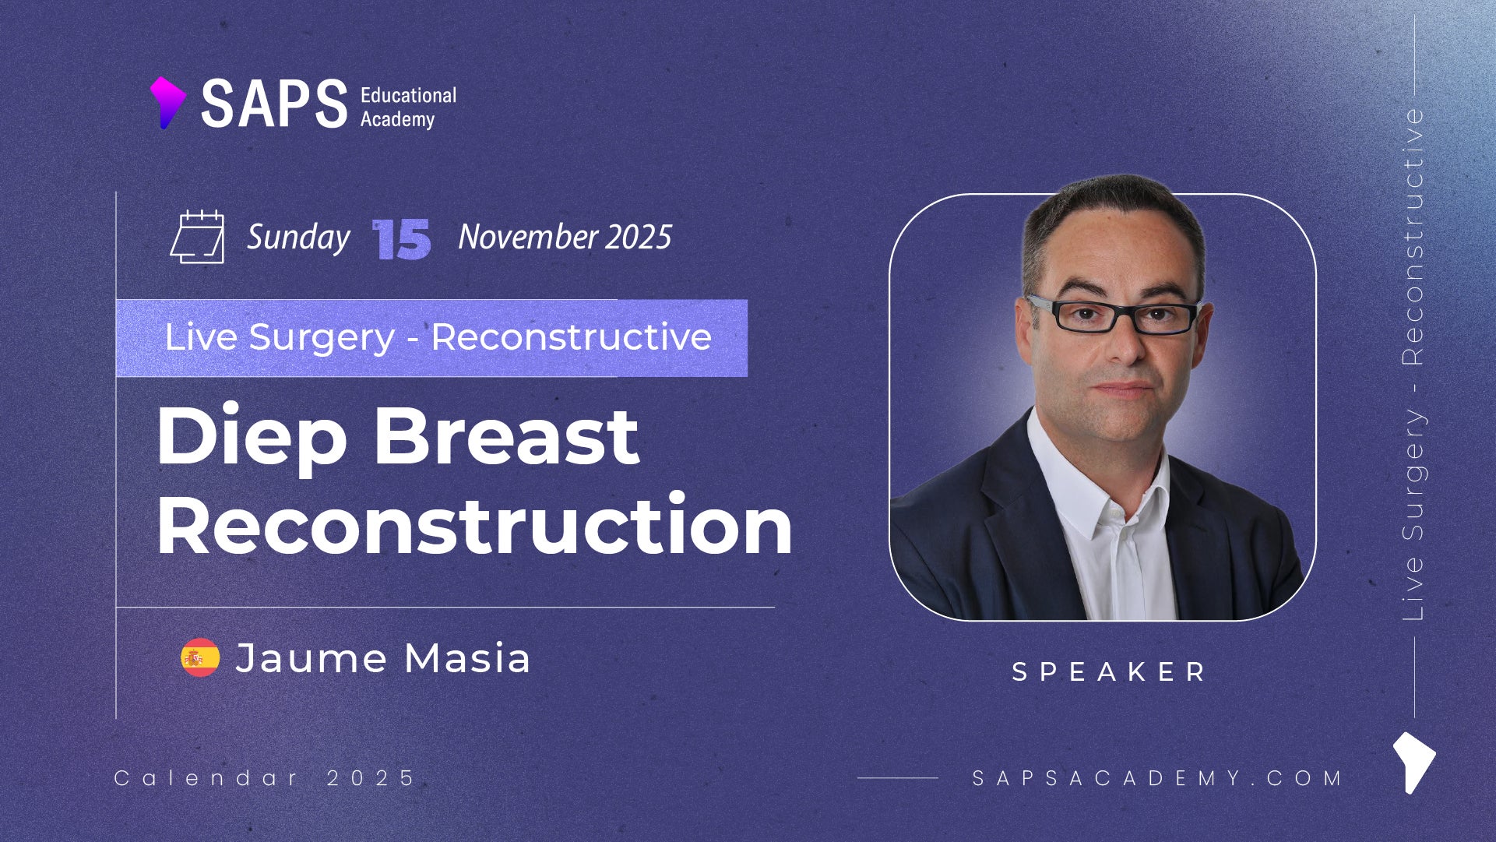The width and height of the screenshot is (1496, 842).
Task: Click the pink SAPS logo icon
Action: click(167, 102)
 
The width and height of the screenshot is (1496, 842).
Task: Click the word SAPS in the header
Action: click(274, 104)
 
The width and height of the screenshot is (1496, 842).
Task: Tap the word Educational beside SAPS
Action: click(408, 95)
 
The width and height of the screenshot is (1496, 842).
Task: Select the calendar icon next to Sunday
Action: click(197, 237)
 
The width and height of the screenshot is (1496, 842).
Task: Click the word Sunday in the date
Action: click(298, 238)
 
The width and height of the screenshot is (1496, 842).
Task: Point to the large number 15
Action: click(401, 239)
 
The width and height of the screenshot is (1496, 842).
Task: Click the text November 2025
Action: click(565, 237)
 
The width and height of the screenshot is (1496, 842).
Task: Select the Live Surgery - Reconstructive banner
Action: click(432, 338)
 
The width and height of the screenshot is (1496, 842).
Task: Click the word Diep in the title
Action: click(252, 439)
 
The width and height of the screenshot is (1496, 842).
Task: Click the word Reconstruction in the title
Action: click(475, 524)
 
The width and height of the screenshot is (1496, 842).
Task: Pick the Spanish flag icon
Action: click(200, 657)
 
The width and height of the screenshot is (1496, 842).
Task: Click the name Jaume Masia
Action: click(383, 658)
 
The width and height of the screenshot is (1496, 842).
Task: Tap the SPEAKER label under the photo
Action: click(1108, 671)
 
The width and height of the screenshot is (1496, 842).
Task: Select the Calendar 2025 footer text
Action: click(265, 777)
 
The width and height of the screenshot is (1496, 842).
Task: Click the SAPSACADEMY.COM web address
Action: click(1157, 777)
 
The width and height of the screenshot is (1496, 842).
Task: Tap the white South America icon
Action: click(1413, 762)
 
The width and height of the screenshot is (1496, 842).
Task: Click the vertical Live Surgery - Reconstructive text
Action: click(1413, 364)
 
